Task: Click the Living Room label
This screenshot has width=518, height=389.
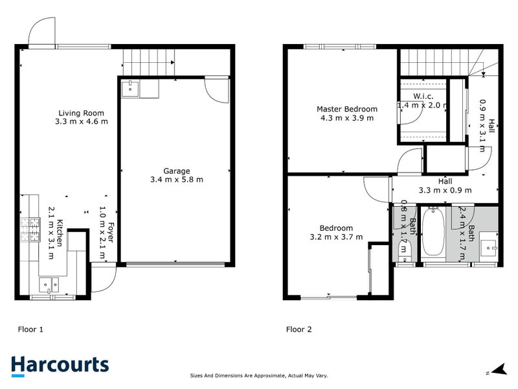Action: click(82, 112)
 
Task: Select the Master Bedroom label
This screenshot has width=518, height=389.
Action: click(346, 109)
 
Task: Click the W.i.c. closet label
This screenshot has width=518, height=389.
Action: click(414, 96)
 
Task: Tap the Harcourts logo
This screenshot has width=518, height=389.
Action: click(60, 364)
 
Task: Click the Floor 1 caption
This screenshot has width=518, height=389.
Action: click(30, 329)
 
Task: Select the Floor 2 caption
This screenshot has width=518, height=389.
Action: click(299, 329)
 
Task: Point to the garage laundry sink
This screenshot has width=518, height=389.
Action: click(132, 88)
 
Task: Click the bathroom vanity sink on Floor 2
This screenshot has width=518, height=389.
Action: click(488, 247)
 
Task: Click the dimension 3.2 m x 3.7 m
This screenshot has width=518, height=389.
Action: click(336, 237)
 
